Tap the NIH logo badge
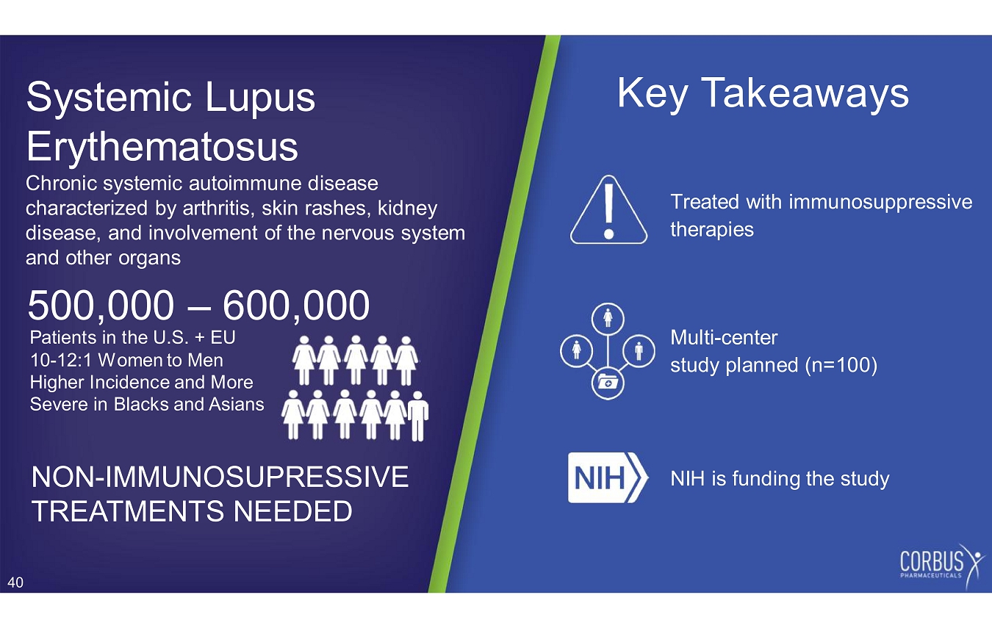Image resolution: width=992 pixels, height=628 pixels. point(608,477)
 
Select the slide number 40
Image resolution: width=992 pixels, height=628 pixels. point(15,582)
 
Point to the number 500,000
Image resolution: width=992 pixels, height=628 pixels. point(101,306)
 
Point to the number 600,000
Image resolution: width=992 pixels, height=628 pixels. point(296,306)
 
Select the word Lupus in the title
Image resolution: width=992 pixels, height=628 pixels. point(260,98)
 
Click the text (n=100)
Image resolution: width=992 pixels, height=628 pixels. point(841,365)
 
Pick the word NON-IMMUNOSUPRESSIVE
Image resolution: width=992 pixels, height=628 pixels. point(220,477)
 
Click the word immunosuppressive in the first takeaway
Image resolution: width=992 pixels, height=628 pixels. point(880,202)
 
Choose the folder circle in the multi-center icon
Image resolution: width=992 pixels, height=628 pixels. point(608,383)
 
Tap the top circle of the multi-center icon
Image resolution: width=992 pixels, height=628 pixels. point(608,319)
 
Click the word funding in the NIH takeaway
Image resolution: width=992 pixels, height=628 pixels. point(766,478)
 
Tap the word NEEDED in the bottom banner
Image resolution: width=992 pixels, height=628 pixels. point(292,511)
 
